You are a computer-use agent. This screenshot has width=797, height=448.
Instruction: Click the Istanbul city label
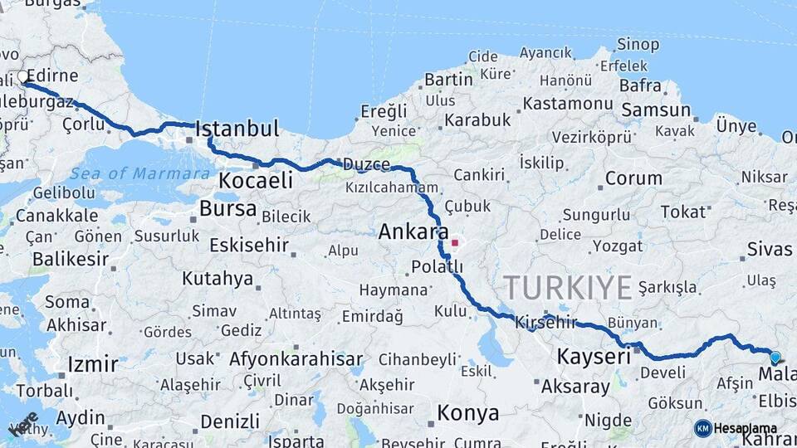click(237, 129)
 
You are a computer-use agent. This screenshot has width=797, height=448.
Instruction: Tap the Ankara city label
click(413, 232)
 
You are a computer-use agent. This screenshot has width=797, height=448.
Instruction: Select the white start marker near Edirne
click(22, 78)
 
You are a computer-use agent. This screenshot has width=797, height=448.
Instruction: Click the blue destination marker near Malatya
click(775, 358)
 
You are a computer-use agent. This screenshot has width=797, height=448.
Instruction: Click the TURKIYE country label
click(568, 288)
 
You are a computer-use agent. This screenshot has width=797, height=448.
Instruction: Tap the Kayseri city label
click(594, 358)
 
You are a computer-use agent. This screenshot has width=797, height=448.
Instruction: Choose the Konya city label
click(468, 413)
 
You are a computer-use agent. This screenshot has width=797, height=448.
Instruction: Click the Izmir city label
click(93, 363)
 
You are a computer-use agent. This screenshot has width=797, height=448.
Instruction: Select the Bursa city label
click(227, 208)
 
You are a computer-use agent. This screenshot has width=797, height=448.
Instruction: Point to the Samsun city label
click(656, 110)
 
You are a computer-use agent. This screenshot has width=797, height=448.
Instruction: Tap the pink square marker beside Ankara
click(455, 243)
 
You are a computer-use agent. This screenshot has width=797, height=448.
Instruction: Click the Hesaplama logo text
click(745, 428)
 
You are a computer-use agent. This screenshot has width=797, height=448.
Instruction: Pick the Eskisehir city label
click(249, 246)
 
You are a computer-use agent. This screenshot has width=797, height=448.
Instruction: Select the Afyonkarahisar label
click(296, 359)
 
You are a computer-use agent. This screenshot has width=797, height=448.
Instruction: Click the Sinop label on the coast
click(638, 44)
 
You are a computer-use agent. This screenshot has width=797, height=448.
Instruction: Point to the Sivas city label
click(770, 249)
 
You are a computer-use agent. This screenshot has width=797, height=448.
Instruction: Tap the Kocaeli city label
click(256, 181)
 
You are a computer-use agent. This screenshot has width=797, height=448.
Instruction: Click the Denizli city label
click(230, 421)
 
